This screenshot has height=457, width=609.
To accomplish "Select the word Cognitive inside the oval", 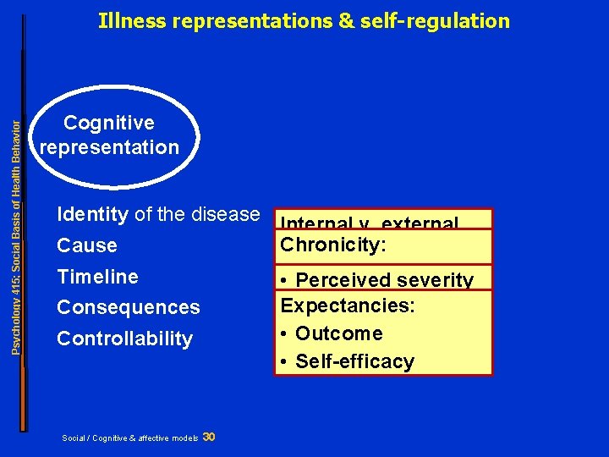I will tap(109, 124).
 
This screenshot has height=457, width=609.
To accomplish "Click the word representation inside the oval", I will tap(110, 147).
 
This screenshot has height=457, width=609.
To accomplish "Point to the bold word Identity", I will tap(92, 215).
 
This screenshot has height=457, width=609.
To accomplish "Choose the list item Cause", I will tap(87, 246).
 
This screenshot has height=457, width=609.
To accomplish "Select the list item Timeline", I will tap(97, 277).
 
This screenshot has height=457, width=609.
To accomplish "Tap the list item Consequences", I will tap(128, 308).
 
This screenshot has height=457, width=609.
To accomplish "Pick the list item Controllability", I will tap(124, 339).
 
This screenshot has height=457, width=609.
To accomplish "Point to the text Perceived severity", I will tap(384, 280).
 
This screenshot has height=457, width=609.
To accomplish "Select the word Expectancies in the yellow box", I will tap(348, 306).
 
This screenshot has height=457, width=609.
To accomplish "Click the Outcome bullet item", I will tap(338, 333).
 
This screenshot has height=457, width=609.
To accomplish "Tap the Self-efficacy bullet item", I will tap(354, 361).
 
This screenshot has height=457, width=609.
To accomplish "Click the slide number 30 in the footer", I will tap(209, 437).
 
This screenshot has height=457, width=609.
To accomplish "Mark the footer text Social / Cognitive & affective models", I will tap(130, 438).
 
